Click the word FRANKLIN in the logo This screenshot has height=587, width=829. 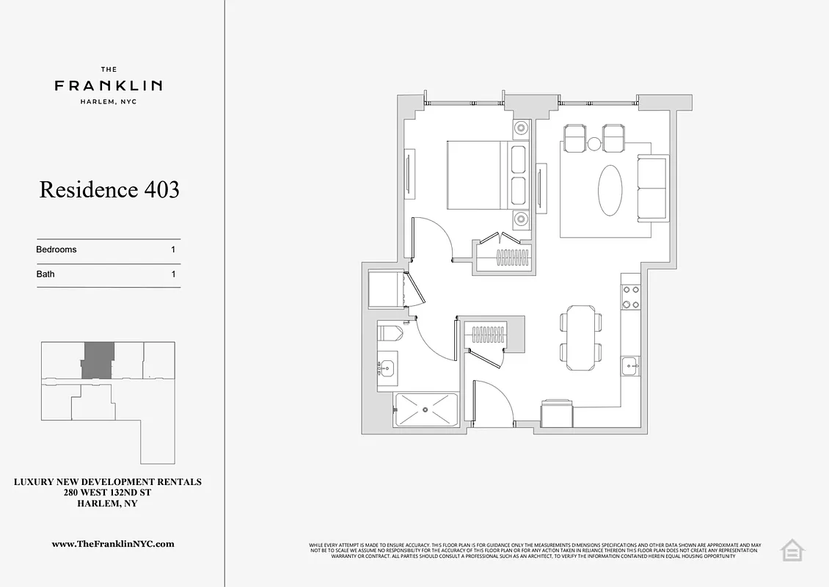pos(109,86)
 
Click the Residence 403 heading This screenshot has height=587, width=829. pos(109,189)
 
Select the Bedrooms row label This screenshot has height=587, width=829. pos(56,249)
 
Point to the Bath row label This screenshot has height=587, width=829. pos(45,274)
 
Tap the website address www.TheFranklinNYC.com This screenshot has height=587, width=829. pos(113,544)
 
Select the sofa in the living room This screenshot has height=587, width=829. pos(652,188)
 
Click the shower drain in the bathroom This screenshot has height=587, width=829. pos(426,410)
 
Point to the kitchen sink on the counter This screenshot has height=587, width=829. pos(630,365)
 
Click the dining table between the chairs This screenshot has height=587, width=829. pos(581,337)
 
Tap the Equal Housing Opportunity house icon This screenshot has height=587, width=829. pos(792,550)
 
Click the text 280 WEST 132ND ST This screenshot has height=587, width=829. pos(108,493)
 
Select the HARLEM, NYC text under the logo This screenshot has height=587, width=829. pos(109,102)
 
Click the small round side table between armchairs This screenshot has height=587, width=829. pos(594,144)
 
